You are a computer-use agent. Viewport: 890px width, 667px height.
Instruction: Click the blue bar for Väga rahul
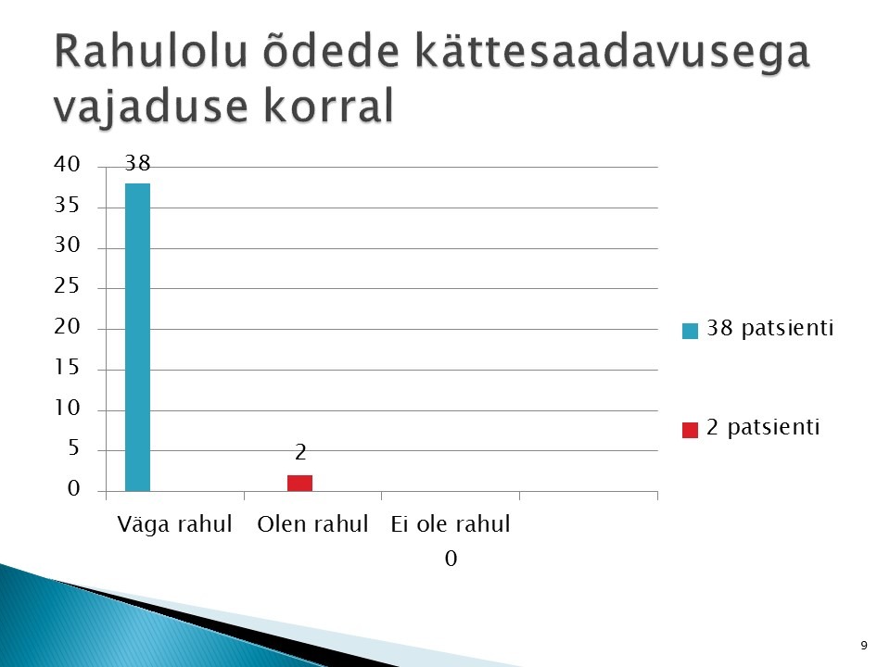click(x=137, y=337)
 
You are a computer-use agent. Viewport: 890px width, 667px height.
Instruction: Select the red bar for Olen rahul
click(x=299, y=484)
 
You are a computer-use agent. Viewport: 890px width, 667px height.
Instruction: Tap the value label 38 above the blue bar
click(x=137, y=163)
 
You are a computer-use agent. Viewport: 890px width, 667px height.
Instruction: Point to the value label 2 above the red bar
click(x=300, y=452)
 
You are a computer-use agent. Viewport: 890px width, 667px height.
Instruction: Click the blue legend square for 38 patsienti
click(x=690, y=331)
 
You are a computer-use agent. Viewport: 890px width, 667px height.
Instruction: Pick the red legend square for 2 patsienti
click(x=690, y=430)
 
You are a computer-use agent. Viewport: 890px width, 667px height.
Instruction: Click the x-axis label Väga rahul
click(x=175, y=524)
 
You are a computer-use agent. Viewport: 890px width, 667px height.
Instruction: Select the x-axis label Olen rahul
click(x=312, y=524)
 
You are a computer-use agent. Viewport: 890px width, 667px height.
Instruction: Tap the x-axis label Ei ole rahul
click(x=451, y=524)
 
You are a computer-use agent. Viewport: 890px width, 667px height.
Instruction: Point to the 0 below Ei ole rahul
click(x=451, y=559)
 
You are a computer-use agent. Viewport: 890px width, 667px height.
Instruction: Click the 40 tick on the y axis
click(x=67, y=164)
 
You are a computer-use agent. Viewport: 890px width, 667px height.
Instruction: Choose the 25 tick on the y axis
click(x=67, y=286)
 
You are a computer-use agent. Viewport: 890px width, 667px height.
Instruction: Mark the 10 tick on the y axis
click(x=67, y=408)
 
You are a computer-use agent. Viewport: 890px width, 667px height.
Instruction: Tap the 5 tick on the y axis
click(x=73, y=448)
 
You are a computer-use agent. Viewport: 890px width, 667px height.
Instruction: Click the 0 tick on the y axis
click(x=73, y=488)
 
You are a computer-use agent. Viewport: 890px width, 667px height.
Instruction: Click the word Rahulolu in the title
click(x=151, y=51)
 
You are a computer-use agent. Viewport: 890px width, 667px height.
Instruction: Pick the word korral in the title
click(x=328, y=106)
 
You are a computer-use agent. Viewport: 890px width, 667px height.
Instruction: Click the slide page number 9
click(x=864, y=646)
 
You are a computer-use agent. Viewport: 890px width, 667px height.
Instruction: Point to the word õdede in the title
click(x=331, y=51)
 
